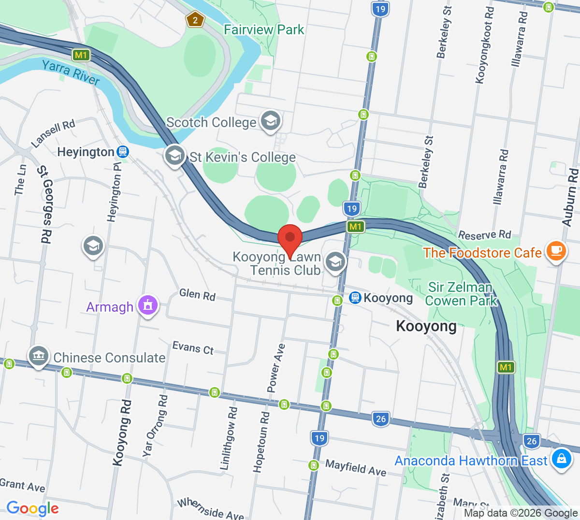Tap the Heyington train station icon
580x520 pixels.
pyautogui.click(x=123, y=152)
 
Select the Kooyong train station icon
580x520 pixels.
pyautogui.click(x=355, y=298)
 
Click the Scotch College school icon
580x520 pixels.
pyautogui.click(x=270, y=121)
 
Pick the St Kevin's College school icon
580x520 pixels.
pyautogui.click(x=174, y=156)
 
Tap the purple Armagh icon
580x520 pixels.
pyautogui.click(x=147, y=306)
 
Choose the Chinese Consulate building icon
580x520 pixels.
pyautogui.click(x=38, y=357)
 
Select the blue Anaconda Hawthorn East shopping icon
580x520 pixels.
pyautogui.click(x=561, y=458)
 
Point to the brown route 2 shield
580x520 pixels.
pyautogui.click(x=195, y=20)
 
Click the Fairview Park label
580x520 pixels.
pyautogui.click(x=264, y=30)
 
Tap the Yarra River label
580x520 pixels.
pyautogui.click(x=71, y=72)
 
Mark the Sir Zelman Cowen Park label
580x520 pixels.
pyautogui.click(x=461, y=294)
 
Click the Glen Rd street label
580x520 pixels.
pyautogui.click(x=197, y=294)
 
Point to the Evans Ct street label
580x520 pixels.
pyautogui.click(x=193, y=348)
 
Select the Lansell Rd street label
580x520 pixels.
pyautogui.click(x=53, y=133)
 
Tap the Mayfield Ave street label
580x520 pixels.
pyautogui.click(x=356, y=468)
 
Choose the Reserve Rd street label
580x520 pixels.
pyautogui.click(x=484, y=235)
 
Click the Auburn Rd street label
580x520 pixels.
pyautogui.click(x=570, y=197)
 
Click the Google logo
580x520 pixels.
pyautogui.click(x=32, y=508)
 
